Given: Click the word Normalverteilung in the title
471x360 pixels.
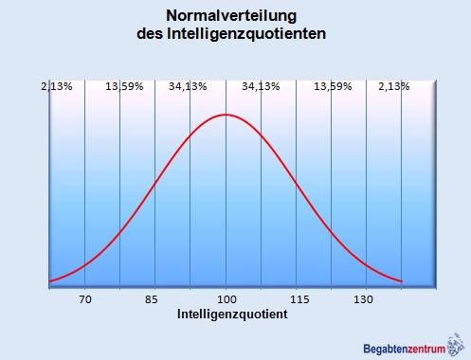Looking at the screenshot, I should [232, 16].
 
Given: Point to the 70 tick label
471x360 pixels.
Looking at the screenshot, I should [85, 299].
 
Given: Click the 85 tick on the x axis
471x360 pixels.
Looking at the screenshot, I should [155, 299].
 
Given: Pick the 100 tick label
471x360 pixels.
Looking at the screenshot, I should [226, 299].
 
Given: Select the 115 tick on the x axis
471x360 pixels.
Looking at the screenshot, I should [296, 299].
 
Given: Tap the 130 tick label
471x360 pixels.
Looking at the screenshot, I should [365, 299].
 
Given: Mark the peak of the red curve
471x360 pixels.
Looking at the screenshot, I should [226, 115].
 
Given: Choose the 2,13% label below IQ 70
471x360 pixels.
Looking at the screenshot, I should [56, 86].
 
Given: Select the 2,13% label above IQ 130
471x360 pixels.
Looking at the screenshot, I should [393, 86].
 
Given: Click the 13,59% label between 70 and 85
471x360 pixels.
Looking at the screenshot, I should [124, 86].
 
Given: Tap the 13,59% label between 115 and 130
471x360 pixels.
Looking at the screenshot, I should [333, 86].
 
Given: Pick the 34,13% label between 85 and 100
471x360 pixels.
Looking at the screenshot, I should [188, 86].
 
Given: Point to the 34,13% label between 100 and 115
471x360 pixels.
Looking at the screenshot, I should [261, 86].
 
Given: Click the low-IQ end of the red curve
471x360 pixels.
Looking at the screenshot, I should [50, 281].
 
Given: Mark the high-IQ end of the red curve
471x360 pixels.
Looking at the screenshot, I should [401, 281].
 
